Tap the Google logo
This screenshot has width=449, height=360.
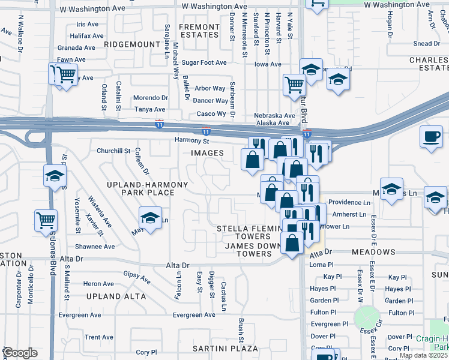(20, 353)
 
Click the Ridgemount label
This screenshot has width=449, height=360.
(131, 44)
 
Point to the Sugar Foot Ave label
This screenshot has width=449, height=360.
(204, 62)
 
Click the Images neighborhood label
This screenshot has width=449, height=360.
(207, 154)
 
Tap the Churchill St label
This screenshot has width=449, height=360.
(113, 151)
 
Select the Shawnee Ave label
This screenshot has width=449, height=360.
(95, 247)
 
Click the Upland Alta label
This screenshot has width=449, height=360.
(116, 296)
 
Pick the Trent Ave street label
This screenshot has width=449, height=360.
(99, 337)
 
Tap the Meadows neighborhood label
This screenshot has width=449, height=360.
(373, 252)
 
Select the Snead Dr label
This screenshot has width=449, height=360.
(427, 44)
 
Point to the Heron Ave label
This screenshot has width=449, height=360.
(99, 284)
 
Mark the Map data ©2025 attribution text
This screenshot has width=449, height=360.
(423, 355)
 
